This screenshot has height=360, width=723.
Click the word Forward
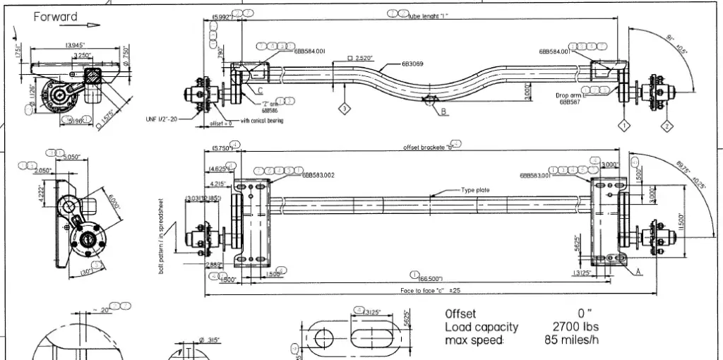coord(56,16)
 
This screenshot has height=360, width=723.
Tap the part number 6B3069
coord(412,64)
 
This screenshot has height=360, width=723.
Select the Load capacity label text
coord(481,327)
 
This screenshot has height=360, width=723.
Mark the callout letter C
coord(260,90)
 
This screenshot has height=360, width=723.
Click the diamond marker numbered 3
coord(344,109)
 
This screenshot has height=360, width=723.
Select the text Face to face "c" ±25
coord(430,290)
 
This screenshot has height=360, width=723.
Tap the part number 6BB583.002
coord(318,175)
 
